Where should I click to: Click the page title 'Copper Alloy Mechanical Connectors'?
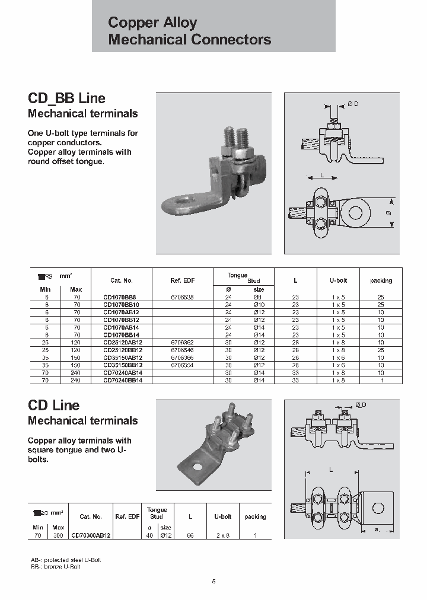click(x=189, y=31)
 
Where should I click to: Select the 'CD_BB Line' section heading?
click(x=67, y=98)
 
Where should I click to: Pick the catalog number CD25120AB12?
click(x=123, y=342)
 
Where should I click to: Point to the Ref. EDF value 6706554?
click(x=181, y=365)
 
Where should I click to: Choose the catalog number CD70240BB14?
click(x=123, y=381)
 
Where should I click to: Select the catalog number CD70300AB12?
click(x=91, y=535)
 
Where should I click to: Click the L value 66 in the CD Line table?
click(x=189, y=535)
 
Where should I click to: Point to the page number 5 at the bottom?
click(x=213, y=581)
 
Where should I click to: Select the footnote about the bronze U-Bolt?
click(x=55, y=567)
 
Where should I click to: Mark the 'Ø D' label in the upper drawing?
click(x=353, y=104)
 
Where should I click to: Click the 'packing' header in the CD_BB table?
click(x=381, y=280)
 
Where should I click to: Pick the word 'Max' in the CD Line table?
click(x=58, y=527)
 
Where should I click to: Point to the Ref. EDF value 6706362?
click(x=181, y=342)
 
